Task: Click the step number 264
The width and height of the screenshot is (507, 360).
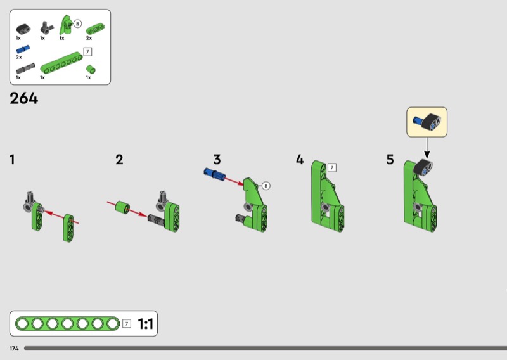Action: (24, 98)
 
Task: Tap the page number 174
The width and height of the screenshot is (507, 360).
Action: (14, 349)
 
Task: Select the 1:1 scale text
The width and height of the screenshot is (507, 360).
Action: (145, 323)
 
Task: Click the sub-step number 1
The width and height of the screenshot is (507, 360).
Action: (12, 160)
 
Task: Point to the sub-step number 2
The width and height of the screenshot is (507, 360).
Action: (119, 160)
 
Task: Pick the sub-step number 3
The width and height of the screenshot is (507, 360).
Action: (217, 160)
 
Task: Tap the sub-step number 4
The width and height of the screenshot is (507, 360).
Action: (300, 160)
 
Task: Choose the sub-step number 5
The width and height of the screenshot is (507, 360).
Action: (390, 160)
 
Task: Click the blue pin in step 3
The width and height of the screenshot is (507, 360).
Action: (214, 174)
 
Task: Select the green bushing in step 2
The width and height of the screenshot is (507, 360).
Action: (122, 207)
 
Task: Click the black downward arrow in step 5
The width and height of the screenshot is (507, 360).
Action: (427, 148)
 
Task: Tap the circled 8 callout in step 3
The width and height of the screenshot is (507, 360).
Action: (266, 186)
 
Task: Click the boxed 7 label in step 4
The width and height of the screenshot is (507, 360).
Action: (331, 167)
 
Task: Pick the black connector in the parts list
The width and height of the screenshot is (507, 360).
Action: (23, 29)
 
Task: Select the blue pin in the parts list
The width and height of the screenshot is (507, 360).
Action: (23, 49)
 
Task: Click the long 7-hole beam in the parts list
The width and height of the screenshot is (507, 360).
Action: (61, 63)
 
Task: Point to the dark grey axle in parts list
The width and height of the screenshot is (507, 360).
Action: (25, 68)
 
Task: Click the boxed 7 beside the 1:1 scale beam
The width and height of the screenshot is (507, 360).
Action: (127, 323)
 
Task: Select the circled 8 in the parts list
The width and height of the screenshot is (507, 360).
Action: (77, 23)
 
